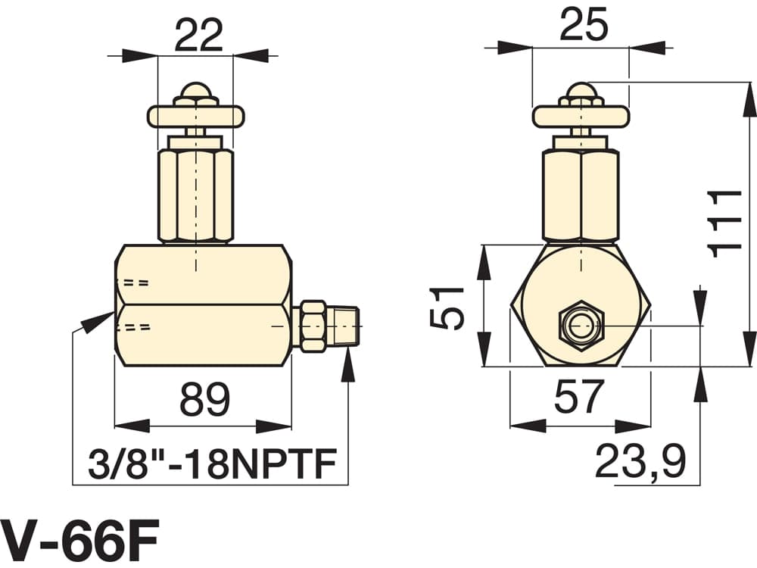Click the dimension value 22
coord(199,35)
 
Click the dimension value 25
coord(583,25)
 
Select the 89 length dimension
coord(204,399)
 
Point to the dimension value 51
coord(447,307)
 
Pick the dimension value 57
coord(579,397)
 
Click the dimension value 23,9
coord(640,462)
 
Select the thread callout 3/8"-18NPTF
coord(212,463)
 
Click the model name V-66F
coord(79,537)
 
